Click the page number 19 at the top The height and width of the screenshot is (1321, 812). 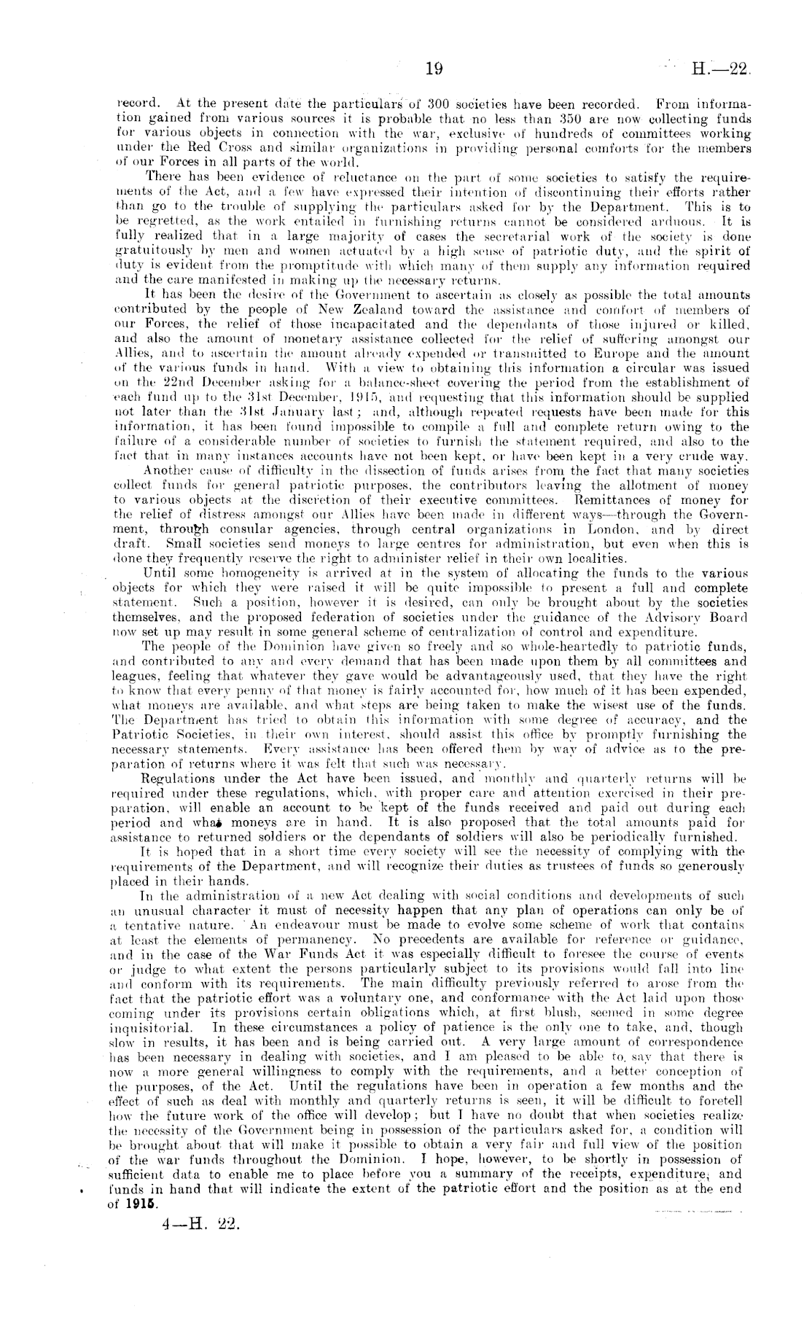[434, 69]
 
